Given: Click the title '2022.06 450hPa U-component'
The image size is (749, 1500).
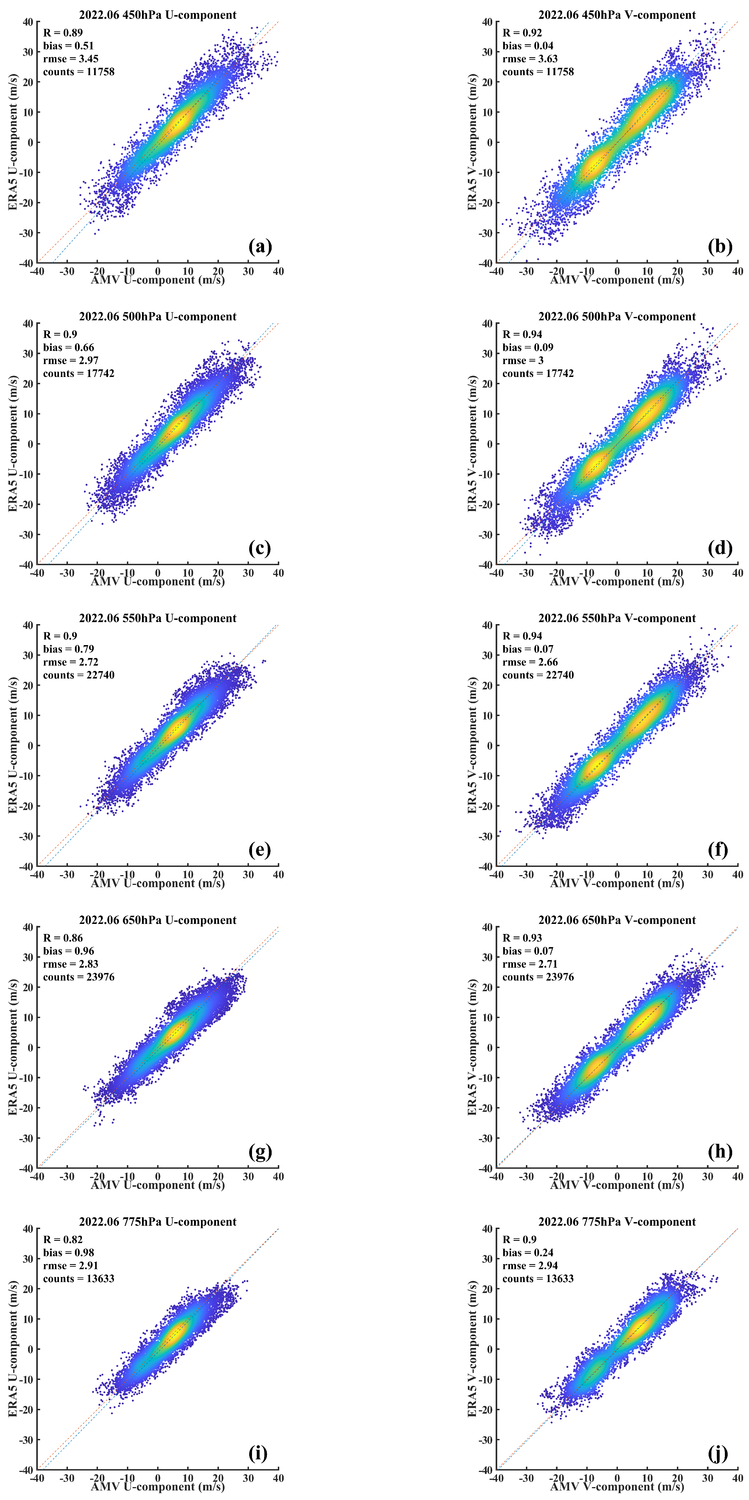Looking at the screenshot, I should tap(158, 15).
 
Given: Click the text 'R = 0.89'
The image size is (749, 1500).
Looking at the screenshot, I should tap(63, 33).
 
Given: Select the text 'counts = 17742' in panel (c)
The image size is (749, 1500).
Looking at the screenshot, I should tap(79, 373).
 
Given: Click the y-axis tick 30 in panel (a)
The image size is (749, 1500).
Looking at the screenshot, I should tap(28, 52).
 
